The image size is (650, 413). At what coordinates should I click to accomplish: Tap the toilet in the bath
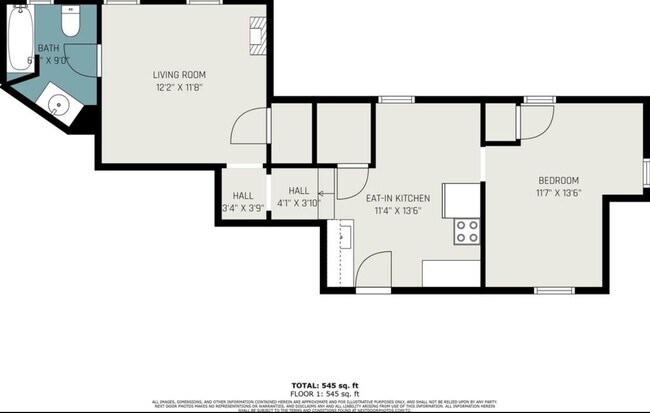(x=68, y=24)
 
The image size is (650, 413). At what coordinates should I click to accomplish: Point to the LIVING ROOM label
(x=180, y=75)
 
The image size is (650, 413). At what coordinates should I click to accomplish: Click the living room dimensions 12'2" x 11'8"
(x=180, y=88)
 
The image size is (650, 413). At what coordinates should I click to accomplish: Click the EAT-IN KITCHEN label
(x=398, y=198)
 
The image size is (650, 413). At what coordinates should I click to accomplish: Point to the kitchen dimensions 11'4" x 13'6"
(x=398, y=211)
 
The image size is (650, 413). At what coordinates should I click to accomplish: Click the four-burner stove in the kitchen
(x=467, y=232)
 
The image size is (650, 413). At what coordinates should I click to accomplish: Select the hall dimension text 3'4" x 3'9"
(x=243, y=208)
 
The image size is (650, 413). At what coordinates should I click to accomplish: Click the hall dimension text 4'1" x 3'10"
(x=299, y=203)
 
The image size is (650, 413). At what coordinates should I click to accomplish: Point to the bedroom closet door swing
(x=534, y=121)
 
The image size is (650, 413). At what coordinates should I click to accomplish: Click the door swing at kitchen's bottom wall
(x=374, y=271)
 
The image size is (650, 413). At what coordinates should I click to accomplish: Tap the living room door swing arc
(x=244, y=130)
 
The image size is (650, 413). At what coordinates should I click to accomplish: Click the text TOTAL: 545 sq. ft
(x=324, y=385)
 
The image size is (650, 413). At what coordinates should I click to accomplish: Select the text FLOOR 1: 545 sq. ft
(x=324, y=393)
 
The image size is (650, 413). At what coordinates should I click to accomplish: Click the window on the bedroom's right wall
(x=644, y=171)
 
